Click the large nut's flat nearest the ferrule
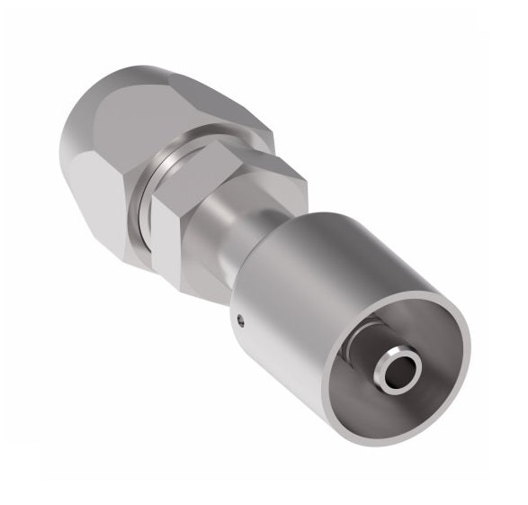135,234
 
